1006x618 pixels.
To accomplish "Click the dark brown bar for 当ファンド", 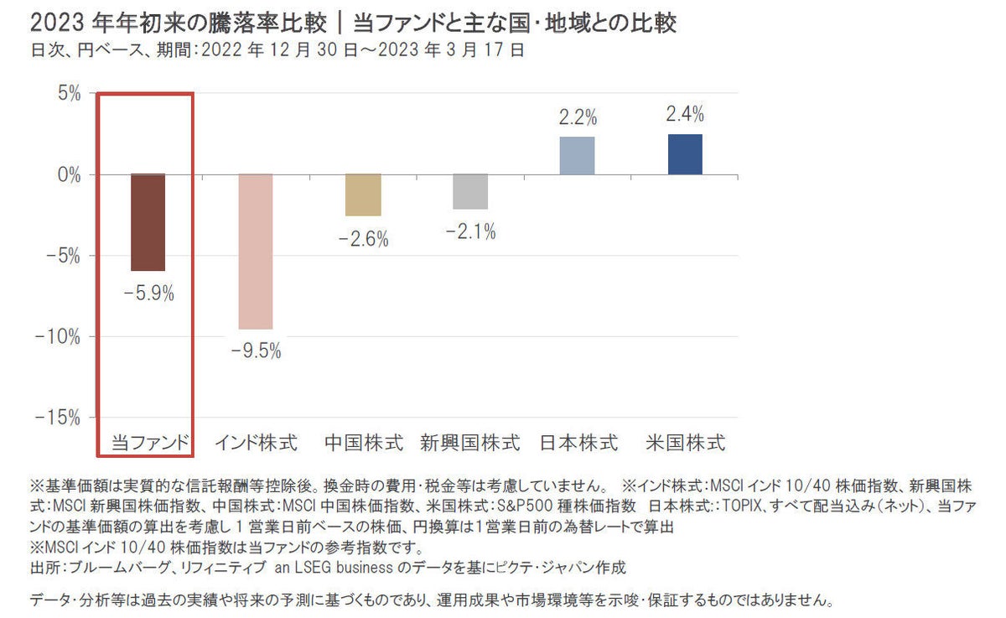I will click(x=148, y=222).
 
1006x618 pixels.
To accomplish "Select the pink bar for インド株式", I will click(x=256, y=252).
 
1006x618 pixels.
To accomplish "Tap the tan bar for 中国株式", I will click(x=364, y=195).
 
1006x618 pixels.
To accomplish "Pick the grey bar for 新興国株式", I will click(x=470, y=191).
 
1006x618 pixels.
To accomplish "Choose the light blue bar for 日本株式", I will click(x=577, y=156).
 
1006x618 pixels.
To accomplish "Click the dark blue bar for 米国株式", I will click(x=685, y=154).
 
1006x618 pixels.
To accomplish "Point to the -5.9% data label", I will click(x=148, y=294).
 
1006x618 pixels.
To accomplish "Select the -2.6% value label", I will click(x=364, y=239).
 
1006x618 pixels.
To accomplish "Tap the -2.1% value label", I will click(x=470, y=231).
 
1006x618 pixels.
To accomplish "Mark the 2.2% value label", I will click(x=577, y=117).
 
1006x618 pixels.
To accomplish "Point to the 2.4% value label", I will click(x=685, y=114).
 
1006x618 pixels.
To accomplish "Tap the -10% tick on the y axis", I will click(x=61, y=337).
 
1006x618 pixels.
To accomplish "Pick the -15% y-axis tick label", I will click(x=61, y=418).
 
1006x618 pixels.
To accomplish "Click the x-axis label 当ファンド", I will click(x=148, y=442).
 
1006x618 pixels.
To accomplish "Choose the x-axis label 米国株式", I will click(x=686, y=442).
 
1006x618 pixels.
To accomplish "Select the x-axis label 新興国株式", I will click(x=470, y=442).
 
